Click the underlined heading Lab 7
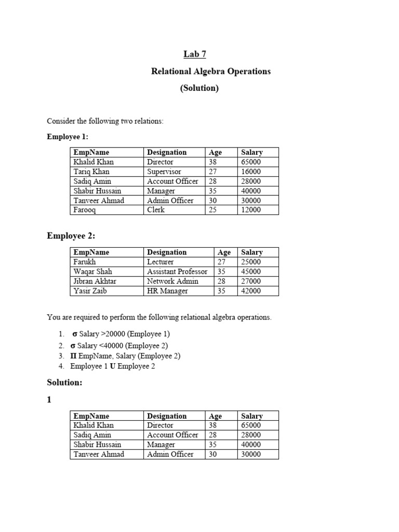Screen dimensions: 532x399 191,54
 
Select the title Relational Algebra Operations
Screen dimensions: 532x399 210,71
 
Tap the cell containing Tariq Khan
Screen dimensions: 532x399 91,171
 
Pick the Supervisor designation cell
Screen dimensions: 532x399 164,171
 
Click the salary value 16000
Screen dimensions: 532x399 251,171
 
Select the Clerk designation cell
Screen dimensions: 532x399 156,210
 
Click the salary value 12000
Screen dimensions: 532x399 251,210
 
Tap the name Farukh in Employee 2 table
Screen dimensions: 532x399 85,262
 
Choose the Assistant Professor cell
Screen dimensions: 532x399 177,272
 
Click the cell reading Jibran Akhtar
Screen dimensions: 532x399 95,281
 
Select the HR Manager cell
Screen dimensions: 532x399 167,291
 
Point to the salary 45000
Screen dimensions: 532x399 251,272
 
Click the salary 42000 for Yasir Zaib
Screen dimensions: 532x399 251,291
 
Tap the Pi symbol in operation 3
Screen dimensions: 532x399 73,356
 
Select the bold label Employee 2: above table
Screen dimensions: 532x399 71,236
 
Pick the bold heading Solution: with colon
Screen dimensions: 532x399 64,383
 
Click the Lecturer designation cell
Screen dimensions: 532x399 161,262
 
